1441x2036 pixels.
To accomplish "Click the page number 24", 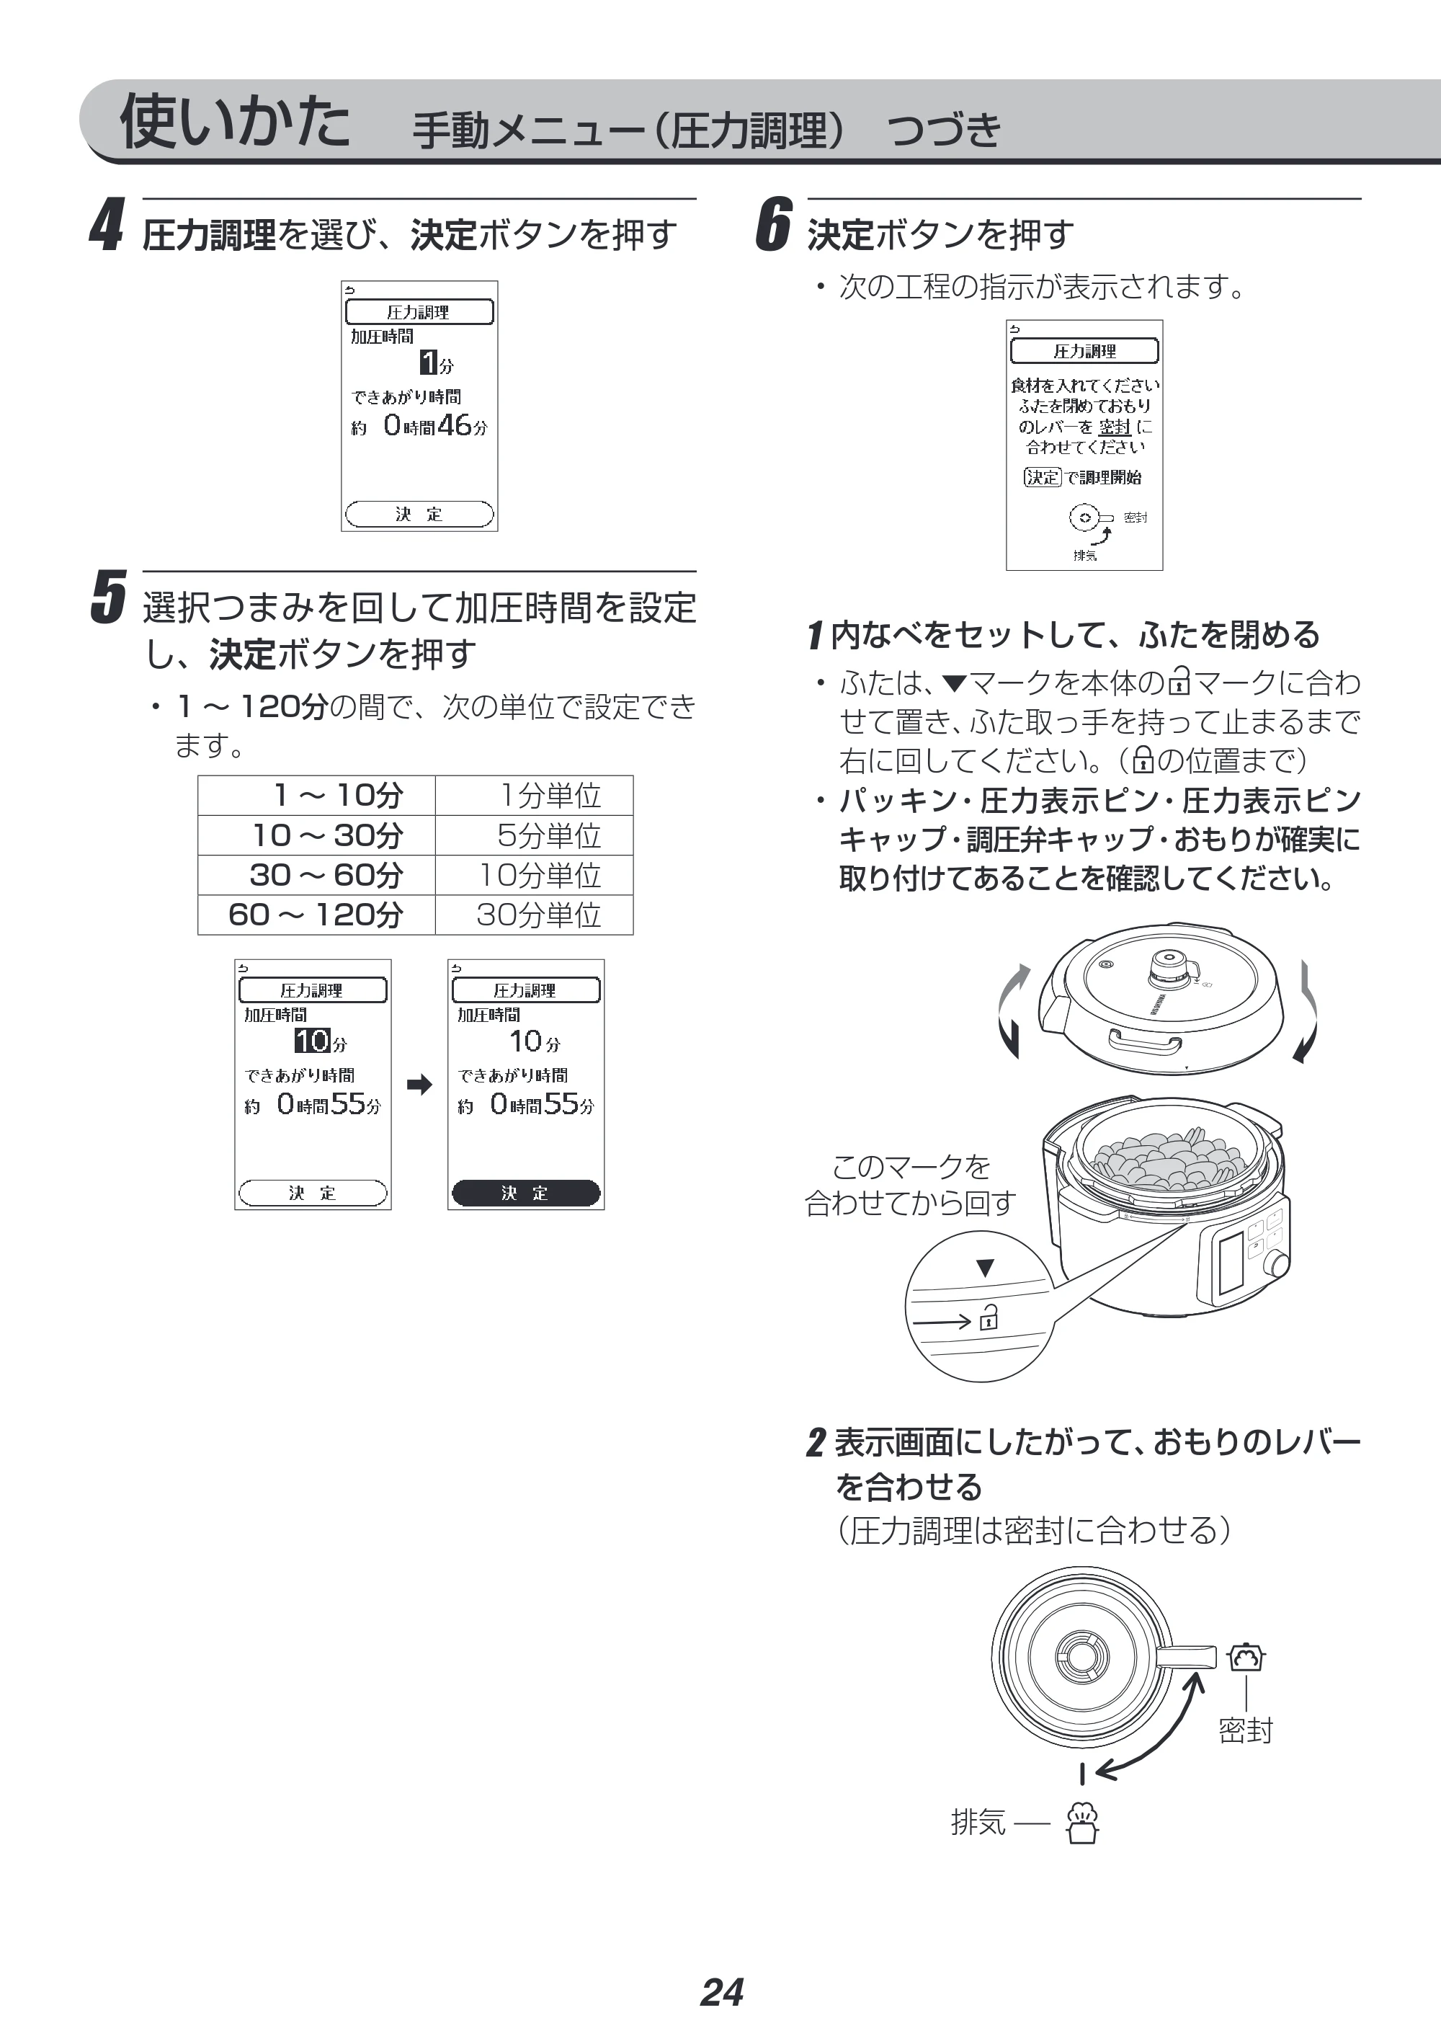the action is pyautogui.click(x=721, y=1991).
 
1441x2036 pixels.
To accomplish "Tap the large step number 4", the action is pyautogui.click(x=107, y=226).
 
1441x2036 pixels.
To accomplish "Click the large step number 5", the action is pyautogui.click(x=108, y=597).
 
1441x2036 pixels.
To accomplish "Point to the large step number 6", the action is pyautogui.click(x=773, y=226).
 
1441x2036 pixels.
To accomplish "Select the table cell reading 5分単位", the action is pyautogui.click(x=534, y=835).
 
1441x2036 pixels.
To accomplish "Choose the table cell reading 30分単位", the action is pyautogui.click(x=534, y=914).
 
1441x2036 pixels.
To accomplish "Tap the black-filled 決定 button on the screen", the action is pyautogui.click(x=525, y=1193).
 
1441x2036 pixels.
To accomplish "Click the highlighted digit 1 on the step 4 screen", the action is pyautogui.click(x=429, y=362).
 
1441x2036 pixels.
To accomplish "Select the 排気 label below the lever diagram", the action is pyautogui.click(x=978, y=1821).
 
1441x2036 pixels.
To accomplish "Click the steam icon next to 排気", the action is pyautogui.click(x=1082, y=1822).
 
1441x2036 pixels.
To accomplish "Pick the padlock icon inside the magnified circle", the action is pyautogui.click(x=989, y=1318).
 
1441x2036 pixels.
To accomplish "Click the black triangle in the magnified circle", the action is pyautogui.click(x=985, y=1268).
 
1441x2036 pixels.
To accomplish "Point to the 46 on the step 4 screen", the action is pyautogui.click(x=455, y=425).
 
